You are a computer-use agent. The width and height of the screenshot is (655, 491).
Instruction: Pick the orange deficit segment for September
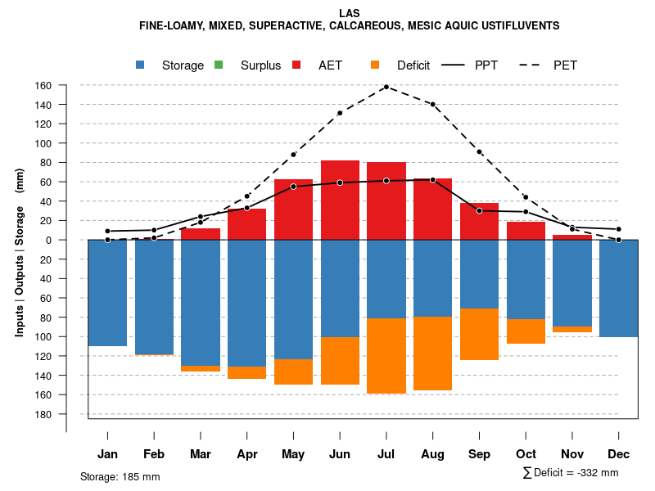tap(479, 334)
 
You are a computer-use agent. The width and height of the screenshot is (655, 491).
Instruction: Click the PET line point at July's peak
tap(386, 87)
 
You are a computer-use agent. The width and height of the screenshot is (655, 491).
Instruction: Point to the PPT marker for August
tap(432, 180)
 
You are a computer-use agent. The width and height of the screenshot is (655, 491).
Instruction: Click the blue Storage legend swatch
tap(141, 65)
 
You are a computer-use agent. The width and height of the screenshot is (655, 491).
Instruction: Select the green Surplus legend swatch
tap(219, 65)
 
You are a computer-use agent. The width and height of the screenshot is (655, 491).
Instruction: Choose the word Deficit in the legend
tap(413, 65)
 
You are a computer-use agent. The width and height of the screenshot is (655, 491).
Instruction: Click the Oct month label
tap(526, 454)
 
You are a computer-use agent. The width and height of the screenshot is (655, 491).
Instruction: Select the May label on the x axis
tap(293, 454)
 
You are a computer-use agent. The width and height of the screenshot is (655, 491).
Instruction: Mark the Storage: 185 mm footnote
tap(120, 476)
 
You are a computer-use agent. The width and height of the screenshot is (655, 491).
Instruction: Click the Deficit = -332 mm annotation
tap(571, 473)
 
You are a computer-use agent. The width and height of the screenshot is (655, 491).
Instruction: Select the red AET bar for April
tap(246, 223)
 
